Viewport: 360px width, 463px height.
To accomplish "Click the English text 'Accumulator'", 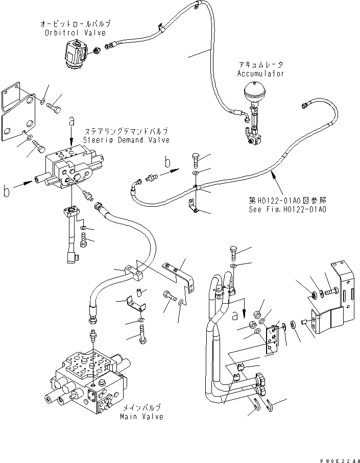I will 260,74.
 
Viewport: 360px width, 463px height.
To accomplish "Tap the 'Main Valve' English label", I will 142,417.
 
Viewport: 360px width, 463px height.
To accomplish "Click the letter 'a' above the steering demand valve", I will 71,121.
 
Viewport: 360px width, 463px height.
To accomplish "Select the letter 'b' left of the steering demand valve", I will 7,191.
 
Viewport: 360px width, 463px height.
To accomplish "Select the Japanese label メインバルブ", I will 142,408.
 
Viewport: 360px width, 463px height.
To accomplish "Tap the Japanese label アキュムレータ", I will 260,65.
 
